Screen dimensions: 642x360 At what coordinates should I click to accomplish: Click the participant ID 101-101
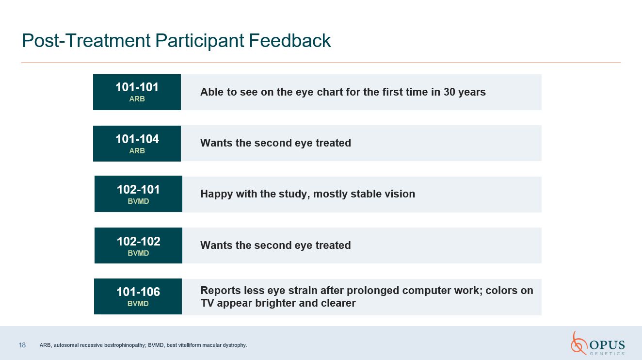(x=137, y=87)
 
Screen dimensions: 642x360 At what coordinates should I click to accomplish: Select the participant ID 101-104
(x=137, y=139)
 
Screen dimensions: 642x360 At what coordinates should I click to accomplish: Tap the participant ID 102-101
(x=138, y=190)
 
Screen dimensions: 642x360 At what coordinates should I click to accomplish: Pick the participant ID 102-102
(x=138, y=242)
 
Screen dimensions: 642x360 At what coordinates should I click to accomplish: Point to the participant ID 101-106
(x=138, y=292)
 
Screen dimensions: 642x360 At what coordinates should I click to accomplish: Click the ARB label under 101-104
(x=137, y=150)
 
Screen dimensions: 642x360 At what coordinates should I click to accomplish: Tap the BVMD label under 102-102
(x=138, y=253)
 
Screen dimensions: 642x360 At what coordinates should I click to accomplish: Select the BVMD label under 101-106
(x=138, y=304)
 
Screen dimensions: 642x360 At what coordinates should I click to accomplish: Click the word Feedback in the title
(x=290, y=40)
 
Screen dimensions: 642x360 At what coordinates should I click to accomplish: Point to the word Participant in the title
(x=199, y=41)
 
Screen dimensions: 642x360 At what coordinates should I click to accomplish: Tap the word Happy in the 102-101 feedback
(x=217, y=194)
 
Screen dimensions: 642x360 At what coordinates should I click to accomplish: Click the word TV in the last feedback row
(x=207, y=303)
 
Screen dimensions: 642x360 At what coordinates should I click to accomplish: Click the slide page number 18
(x=22, y=345)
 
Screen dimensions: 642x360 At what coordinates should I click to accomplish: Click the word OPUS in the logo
(x=607, y=345)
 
